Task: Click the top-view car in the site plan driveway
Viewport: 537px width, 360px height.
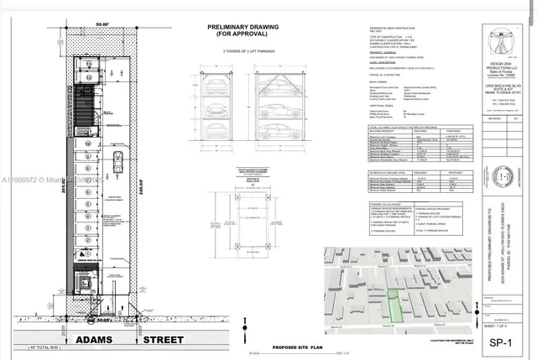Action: click(x=119, y=161)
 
